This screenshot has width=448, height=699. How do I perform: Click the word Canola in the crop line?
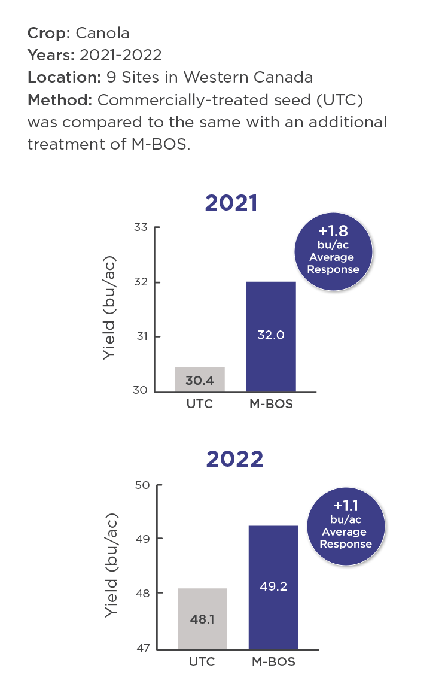(x=102, y=33)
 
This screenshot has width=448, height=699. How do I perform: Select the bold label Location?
(x=64, y=77)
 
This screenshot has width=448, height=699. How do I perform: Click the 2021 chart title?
(x=231, y=203)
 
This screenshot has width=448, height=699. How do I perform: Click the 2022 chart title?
(x=234, y=459)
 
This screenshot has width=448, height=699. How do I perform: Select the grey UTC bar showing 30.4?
(x=200, y=379)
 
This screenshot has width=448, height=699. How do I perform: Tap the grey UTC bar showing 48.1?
(x=202, y=619)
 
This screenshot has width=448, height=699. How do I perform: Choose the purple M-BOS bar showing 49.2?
(x=273, y=587)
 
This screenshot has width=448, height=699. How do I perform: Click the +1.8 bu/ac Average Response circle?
(x=334, y=251)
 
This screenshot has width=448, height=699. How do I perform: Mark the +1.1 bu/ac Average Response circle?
(x=346, y=525)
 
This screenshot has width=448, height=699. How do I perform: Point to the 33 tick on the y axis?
(x=141, y=228)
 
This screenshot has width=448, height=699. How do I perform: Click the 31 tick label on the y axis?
(x=141, y=336)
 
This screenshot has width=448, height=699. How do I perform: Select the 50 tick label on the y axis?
(x=144, y=485)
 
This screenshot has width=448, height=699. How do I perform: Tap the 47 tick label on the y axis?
(x=144, y=648)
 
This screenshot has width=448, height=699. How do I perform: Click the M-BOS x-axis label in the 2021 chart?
(x=271, y=404)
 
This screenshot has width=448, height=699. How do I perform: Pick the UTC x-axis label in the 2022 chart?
(x=202, y=662)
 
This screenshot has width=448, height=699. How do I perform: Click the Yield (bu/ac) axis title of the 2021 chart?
(x=109, y=308)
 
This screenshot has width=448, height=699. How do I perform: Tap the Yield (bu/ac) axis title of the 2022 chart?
(x=112, y=566)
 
